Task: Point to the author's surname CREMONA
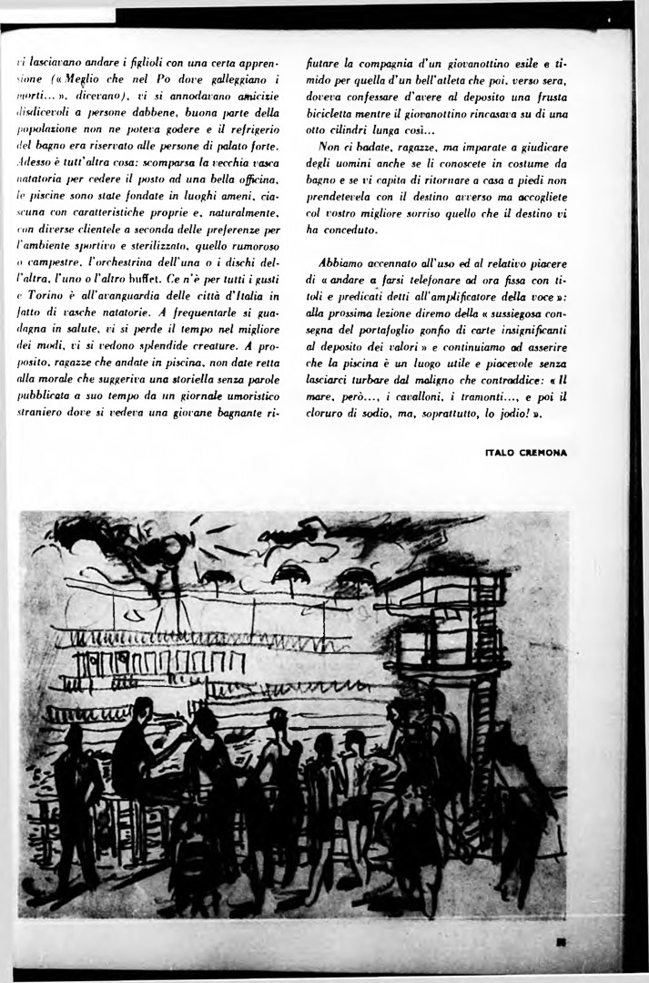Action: tap(544, 452)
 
